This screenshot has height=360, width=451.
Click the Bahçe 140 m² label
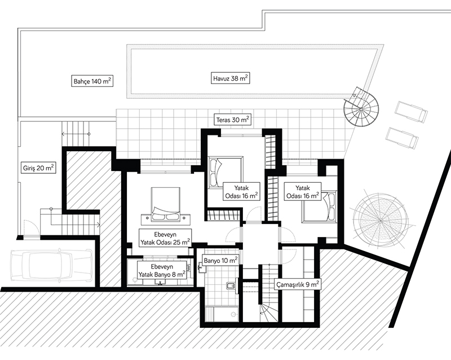91,81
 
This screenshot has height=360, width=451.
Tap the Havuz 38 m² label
231,78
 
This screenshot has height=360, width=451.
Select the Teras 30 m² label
233,119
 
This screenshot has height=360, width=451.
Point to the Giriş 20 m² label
38,168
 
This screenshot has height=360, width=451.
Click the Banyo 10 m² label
220,260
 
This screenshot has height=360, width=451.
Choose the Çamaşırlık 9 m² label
298,284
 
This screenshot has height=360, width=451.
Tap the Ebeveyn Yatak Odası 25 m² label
165,238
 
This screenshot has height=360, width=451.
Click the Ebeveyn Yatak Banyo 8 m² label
161,270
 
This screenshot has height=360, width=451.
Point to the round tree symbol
379,220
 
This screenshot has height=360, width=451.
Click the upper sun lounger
412,112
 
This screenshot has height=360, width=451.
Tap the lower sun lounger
402,138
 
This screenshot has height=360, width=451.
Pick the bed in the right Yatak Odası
319,207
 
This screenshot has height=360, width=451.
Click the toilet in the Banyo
231,286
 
